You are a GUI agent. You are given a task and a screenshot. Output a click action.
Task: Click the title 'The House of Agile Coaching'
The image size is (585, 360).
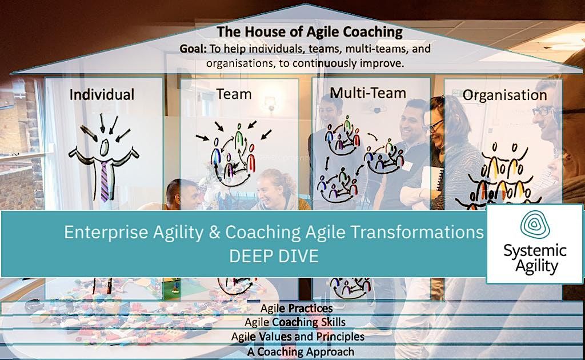(x=310, y=31)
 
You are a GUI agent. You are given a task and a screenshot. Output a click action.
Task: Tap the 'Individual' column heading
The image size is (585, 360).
(x=102, y=94)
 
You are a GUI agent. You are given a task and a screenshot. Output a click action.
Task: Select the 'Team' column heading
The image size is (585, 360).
(x=234, y=93)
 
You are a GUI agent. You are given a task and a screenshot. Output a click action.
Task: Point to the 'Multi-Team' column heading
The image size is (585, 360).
(x=368, y=93)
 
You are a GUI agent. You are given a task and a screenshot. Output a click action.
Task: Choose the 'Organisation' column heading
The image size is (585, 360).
(x=504, y=95)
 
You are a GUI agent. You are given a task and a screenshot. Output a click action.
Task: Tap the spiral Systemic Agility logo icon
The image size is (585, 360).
(x=535, y=225)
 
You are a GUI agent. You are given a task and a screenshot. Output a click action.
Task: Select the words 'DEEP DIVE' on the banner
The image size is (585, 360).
(x=274, y=256)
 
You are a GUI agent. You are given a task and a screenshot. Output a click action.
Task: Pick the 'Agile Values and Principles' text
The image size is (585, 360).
(x=298, y=337)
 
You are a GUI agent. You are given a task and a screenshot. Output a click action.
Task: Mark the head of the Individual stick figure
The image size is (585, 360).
(x=104, y=147)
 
